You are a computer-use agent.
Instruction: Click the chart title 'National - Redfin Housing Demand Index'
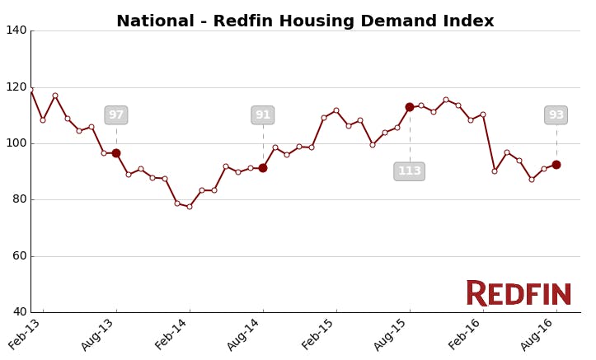305,21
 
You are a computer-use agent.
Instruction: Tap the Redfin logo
519,293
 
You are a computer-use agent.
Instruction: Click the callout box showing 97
116,115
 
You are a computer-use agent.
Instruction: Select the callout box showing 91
263,115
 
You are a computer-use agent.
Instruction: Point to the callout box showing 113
410,171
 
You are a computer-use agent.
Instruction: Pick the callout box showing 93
556,115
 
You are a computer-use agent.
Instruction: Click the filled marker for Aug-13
116,153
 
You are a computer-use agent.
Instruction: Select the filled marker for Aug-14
263,168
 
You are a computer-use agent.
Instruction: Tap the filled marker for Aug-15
410,107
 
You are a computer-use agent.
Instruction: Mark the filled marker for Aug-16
556,165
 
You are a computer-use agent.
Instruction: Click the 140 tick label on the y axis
16,30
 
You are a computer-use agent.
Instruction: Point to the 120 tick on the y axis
16,86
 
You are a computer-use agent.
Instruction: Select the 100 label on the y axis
16,143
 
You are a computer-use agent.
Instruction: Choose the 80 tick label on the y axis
19,199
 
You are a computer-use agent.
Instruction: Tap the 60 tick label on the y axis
19,255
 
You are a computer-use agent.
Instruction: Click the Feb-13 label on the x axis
26,334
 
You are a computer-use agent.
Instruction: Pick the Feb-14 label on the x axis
171,334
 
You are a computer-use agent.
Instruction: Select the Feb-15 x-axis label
318,334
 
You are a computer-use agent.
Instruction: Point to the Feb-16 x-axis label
465,334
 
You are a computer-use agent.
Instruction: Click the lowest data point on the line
190,207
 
